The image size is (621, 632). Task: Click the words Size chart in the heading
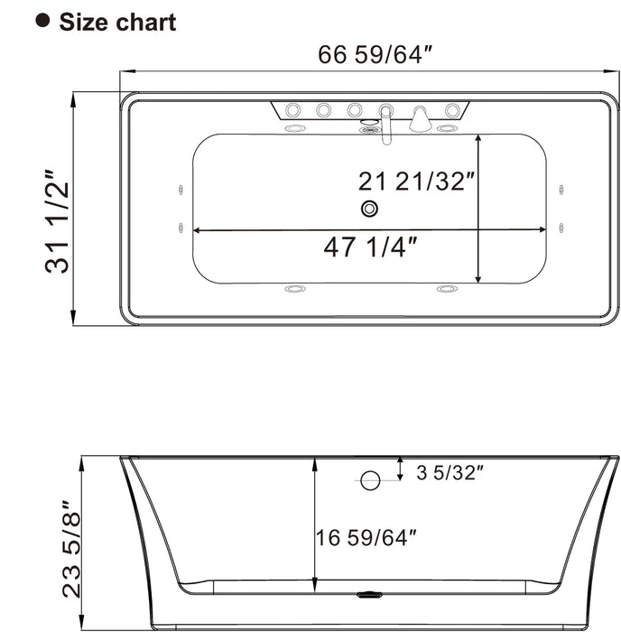coord(117,22)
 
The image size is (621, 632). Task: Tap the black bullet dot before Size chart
coord(42,20)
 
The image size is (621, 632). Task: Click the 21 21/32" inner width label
coord(416,181)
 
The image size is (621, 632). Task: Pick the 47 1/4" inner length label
coord(369,247)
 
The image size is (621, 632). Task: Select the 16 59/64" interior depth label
coord(366,538)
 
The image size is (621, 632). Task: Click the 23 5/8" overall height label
coord(72,554)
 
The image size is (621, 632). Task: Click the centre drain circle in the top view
coord(369,209)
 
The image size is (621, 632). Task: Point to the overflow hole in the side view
coord(369,480)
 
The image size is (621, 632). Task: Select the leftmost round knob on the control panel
coord(292,111)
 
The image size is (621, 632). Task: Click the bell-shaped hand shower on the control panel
coord(420,118)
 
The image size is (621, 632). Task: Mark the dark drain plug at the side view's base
coord(369,596)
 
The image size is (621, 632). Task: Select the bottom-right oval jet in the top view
coord(446,289)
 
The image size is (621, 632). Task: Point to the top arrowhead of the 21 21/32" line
coord(478,139)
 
